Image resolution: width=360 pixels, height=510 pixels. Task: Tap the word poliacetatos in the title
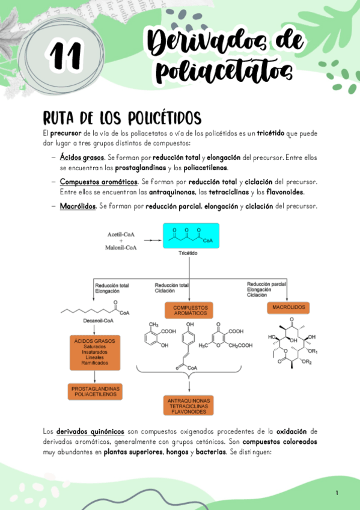pos(224,73)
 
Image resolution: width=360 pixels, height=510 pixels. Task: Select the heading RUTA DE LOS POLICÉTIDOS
pos(121,117)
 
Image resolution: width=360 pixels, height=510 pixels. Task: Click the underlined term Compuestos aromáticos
pos(99,181)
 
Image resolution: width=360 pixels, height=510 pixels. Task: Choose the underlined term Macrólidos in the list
pos(78,206)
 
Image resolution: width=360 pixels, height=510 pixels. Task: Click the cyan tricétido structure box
pos(191,236)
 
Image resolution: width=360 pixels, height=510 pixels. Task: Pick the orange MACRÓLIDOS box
pos(288,307)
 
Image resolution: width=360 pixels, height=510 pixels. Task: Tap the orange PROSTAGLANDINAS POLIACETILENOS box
pos(96,392)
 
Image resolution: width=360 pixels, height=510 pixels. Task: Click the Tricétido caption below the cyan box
pos(189,253)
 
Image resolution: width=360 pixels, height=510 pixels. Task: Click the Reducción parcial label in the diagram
pos(267,284)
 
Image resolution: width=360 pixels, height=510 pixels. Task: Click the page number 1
pos(337,493)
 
